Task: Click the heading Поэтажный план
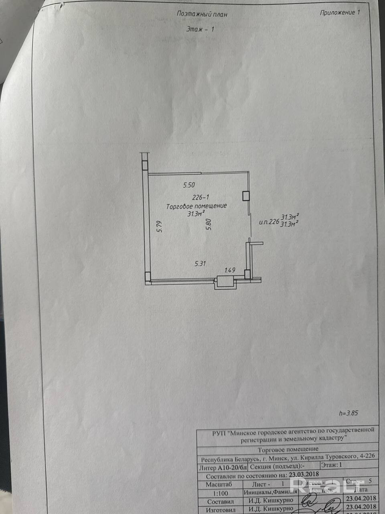tap(202, 14)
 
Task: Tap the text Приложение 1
tap(340, 12)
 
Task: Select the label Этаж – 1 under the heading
tap(201, 29)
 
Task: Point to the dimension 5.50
tap(189, 185)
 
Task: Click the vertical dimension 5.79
tap(159, 227)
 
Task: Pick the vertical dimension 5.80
tap(208, 224)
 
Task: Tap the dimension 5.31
tap(200, 264)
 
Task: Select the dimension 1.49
tap(230, 270)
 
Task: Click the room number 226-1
tap(201, 198)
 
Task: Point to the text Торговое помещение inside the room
tap(197, 206)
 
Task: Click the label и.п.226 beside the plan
tap(269, 221)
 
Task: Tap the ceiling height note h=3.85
tap(349, 413)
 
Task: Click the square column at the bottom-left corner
tap(148, 276)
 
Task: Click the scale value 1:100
tap(219, 493)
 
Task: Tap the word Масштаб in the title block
tap(219, 484)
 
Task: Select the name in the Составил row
tap(270, 500)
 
